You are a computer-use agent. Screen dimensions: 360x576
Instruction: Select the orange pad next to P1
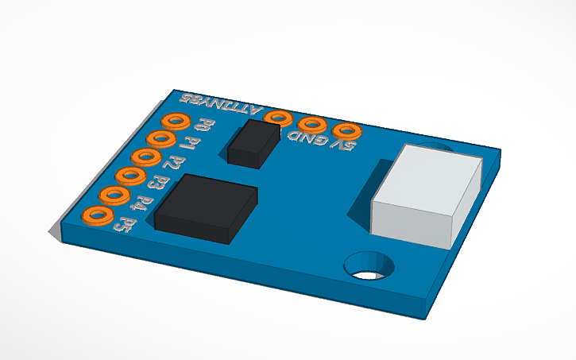[160, 139]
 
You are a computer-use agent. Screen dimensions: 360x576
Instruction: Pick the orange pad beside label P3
[129, 176]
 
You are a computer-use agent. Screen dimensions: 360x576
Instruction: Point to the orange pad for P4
[113, 195]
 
